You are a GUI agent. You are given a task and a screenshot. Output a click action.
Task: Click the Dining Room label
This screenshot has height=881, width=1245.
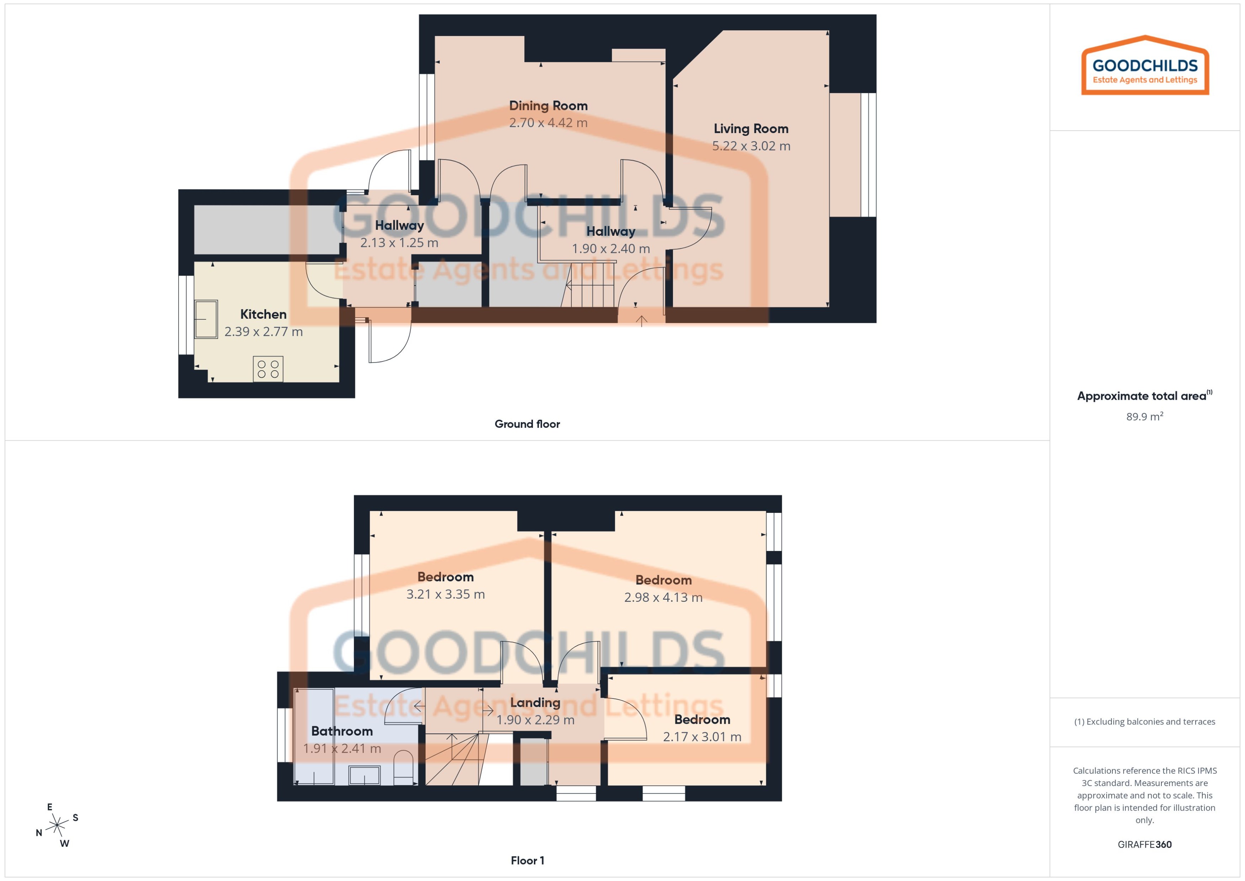[548, 106]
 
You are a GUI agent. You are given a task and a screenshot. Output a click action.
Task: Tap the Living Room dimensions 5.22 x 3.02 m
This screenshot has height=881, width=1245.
[751, 146]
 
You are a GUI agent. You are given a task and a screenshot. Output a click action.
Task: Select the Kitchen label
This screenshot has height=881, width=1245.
[263, 314]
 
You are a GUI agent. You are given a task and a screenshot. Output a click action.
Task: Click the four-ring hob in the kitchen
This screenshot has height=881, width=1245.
[268, 369]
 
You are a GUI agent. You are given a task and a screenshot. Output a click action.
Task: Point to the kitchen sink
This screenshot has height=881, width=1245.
[206, 319]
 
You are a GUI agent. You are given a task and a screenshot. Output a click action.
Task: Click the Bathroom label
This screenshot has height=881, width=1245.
[342, 731]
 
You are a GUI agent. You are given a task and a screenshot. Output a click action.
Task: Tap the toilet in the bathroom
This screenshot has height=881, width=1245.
[403, 767]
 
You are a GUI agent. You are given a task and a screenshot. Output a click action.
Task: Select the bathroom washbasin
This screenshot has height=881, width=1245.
[365, 775]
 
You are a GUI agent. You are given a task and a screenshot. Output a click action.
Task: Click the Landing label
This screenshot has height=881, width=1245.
[535, 702]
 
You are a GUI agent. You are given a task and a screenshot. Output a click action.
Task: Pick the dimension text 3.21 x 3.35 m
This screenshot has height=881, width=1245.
[445, 594]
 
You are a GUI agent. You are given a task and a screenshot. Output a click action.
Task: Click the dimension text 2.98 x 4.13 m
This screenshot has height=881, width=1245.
[663, 597]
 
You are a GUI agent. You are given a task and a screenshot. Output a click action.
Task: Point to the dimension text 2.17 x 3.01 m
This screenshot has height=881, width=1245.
[702, 737]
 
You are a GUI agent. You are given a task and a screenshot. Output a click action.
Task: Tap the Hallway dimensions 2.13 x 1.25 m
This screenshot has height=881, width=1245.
[399, 243]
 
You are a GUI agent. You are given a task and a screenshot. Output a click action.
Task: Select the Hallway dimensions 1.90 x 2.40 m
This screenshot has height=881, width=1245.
[611, 249]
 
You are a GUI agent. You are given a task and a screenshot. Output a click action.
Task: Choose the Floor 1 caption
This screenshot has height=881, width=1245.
[527, 860]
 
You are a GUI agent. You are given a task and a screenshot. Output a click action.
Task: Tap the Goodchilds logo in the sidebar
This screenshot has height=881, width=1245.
[1145, 66]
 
